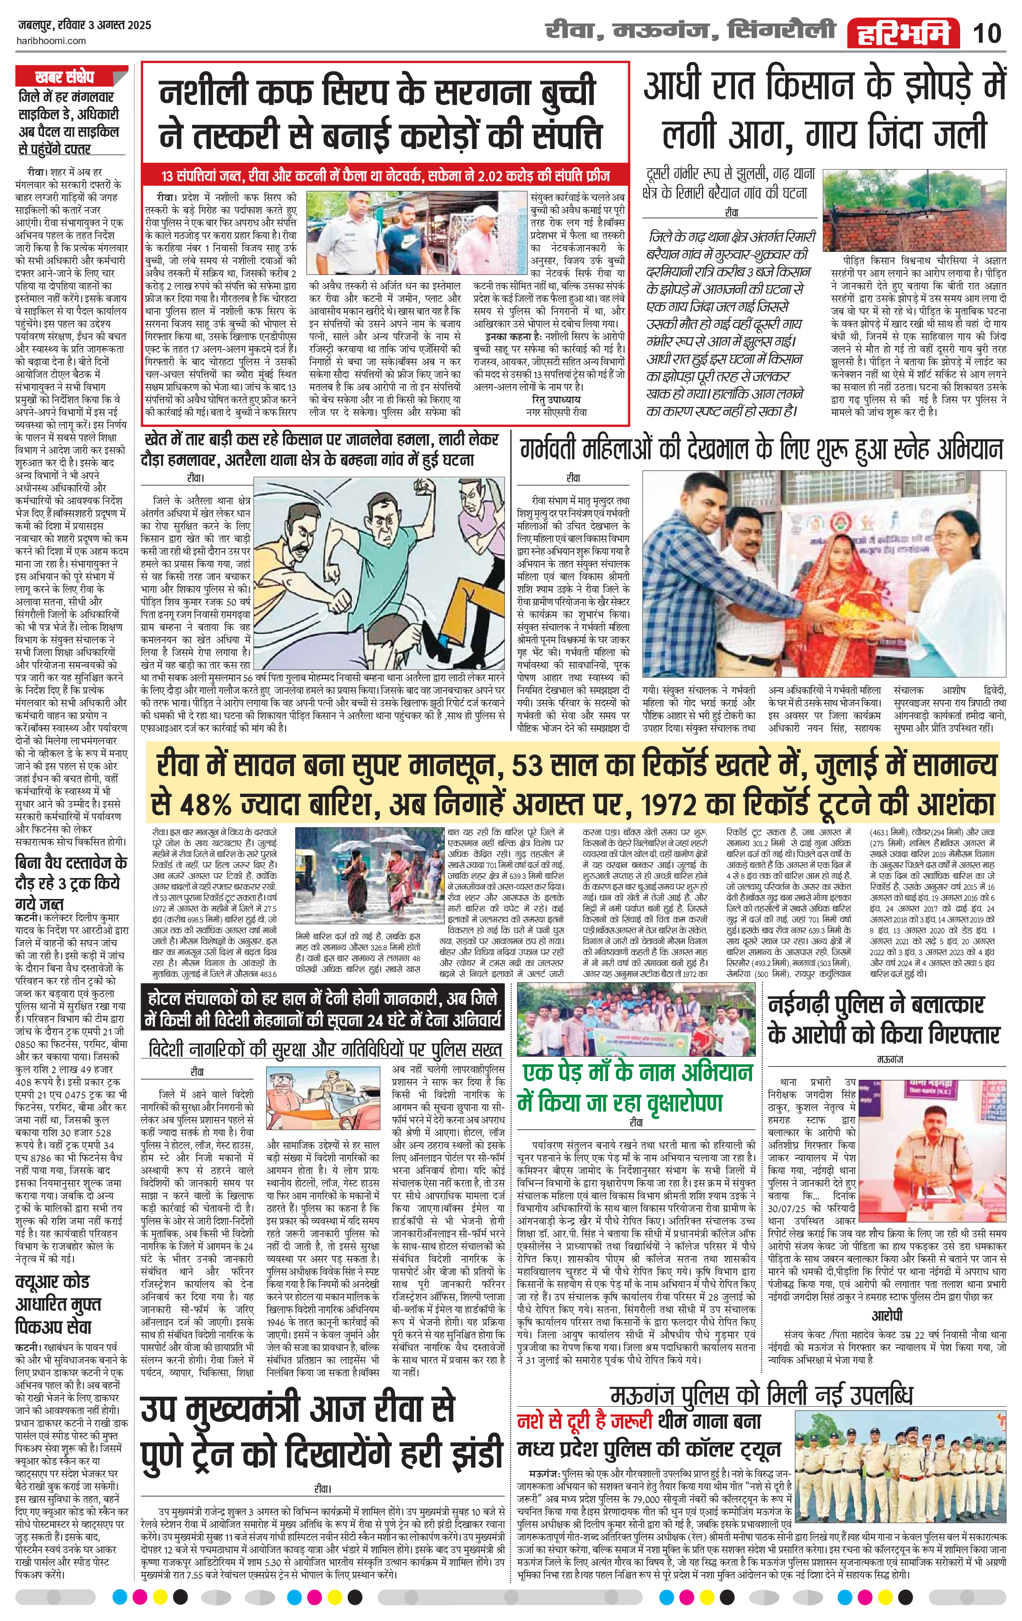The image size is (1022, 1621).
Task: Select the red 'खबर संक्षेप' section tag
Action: pos(64,76)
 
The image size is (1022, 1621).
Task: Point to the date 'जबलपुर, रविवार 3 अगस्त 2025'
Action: pos(84,26)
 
